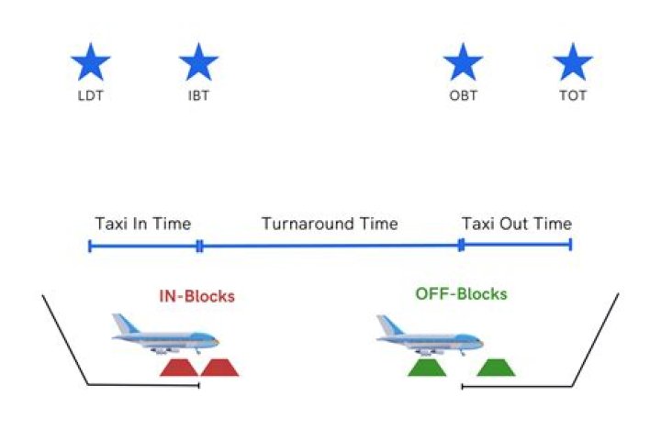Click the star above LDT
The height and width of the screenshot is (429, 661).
[91, 63]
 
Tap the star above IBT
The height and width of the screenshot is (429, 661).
[198, 63]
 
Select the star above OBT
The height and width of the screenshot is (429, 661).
[463, 63]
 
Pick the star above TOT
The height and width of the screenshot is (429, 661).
[573, 63]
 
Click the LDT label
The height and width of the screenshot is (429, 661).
[91, 96]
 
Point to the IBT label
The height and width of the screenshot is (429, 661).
[198, 96]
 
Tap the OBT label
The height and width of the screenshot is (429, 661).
[464, 96]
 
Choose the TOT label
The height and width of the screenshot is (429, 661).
[573, 96]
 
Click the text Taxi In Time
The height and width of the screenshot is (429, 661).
[143, 224]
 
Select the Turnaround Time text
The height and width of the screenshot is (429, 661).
[330, 224]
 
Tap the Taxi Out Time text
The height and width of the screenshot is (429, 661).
[517, 224]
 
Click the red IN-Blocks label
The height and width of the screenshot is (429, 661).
[196, 296]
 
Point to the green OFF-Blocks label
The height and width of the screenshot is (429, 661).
[461, 294]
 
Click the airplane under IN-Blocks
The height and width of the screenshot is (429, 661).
[165, 335]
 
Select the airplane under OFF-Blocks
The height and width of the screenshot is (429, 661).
[430, 335]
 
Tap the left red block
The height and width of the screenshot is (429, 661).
[179, 368]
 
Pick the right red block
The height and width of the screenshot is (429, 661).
[219, 368]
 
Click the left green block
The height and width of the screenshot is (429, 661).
[427, 368]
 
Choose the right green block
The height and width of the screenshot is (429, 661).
[496, 368]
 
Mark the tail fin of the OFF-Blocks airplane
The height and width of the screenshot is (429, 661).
[386, 324]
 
